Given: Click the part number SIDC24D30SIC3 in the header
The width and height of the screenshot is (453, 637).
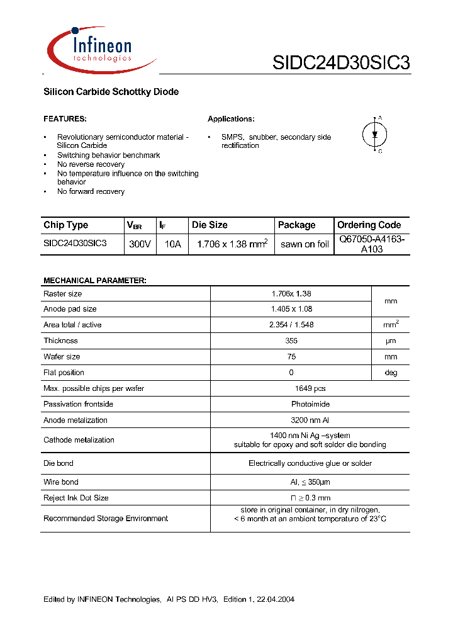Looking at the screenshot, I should [341, 64].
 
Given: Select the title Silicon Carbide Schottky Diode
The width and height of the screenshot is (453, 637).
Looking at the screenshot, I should [111, 92].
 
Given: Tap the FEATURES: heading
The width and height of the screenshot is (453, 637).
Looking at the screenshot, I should [65, 119].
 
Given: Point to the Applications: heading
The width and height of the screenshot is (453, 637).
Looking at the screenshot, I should [231, 119].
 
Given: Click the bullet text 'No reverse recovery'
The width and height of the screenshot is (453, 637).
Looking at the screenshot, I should [91, 164].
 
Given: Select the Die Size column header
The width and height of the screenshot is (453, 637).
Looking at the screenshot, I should [210, 225].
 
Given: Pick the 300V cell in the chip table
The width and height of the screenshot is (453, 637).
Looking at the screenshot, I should [140, 244].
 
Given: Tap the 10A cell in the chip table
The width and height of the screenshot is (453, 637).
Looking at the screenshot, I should [172, 244].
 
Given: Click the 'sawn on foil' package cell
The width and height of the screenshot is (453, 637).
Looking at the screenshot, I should [305, 244].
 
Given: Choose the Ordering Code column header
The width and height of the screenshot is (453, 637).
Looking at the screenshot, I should [369, 225].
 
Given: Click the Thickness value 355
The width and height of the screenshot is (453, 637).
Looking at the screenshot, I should [291, 341].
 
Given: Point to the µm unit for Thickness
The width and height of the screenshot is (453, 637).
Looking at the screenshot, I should [391, 341].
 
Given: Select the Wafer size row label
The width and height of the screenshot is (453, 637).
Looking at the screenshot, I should [62, 356].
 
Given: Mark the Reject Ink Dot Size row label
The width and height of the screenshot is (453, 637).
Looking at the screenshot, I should [75, 498].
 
